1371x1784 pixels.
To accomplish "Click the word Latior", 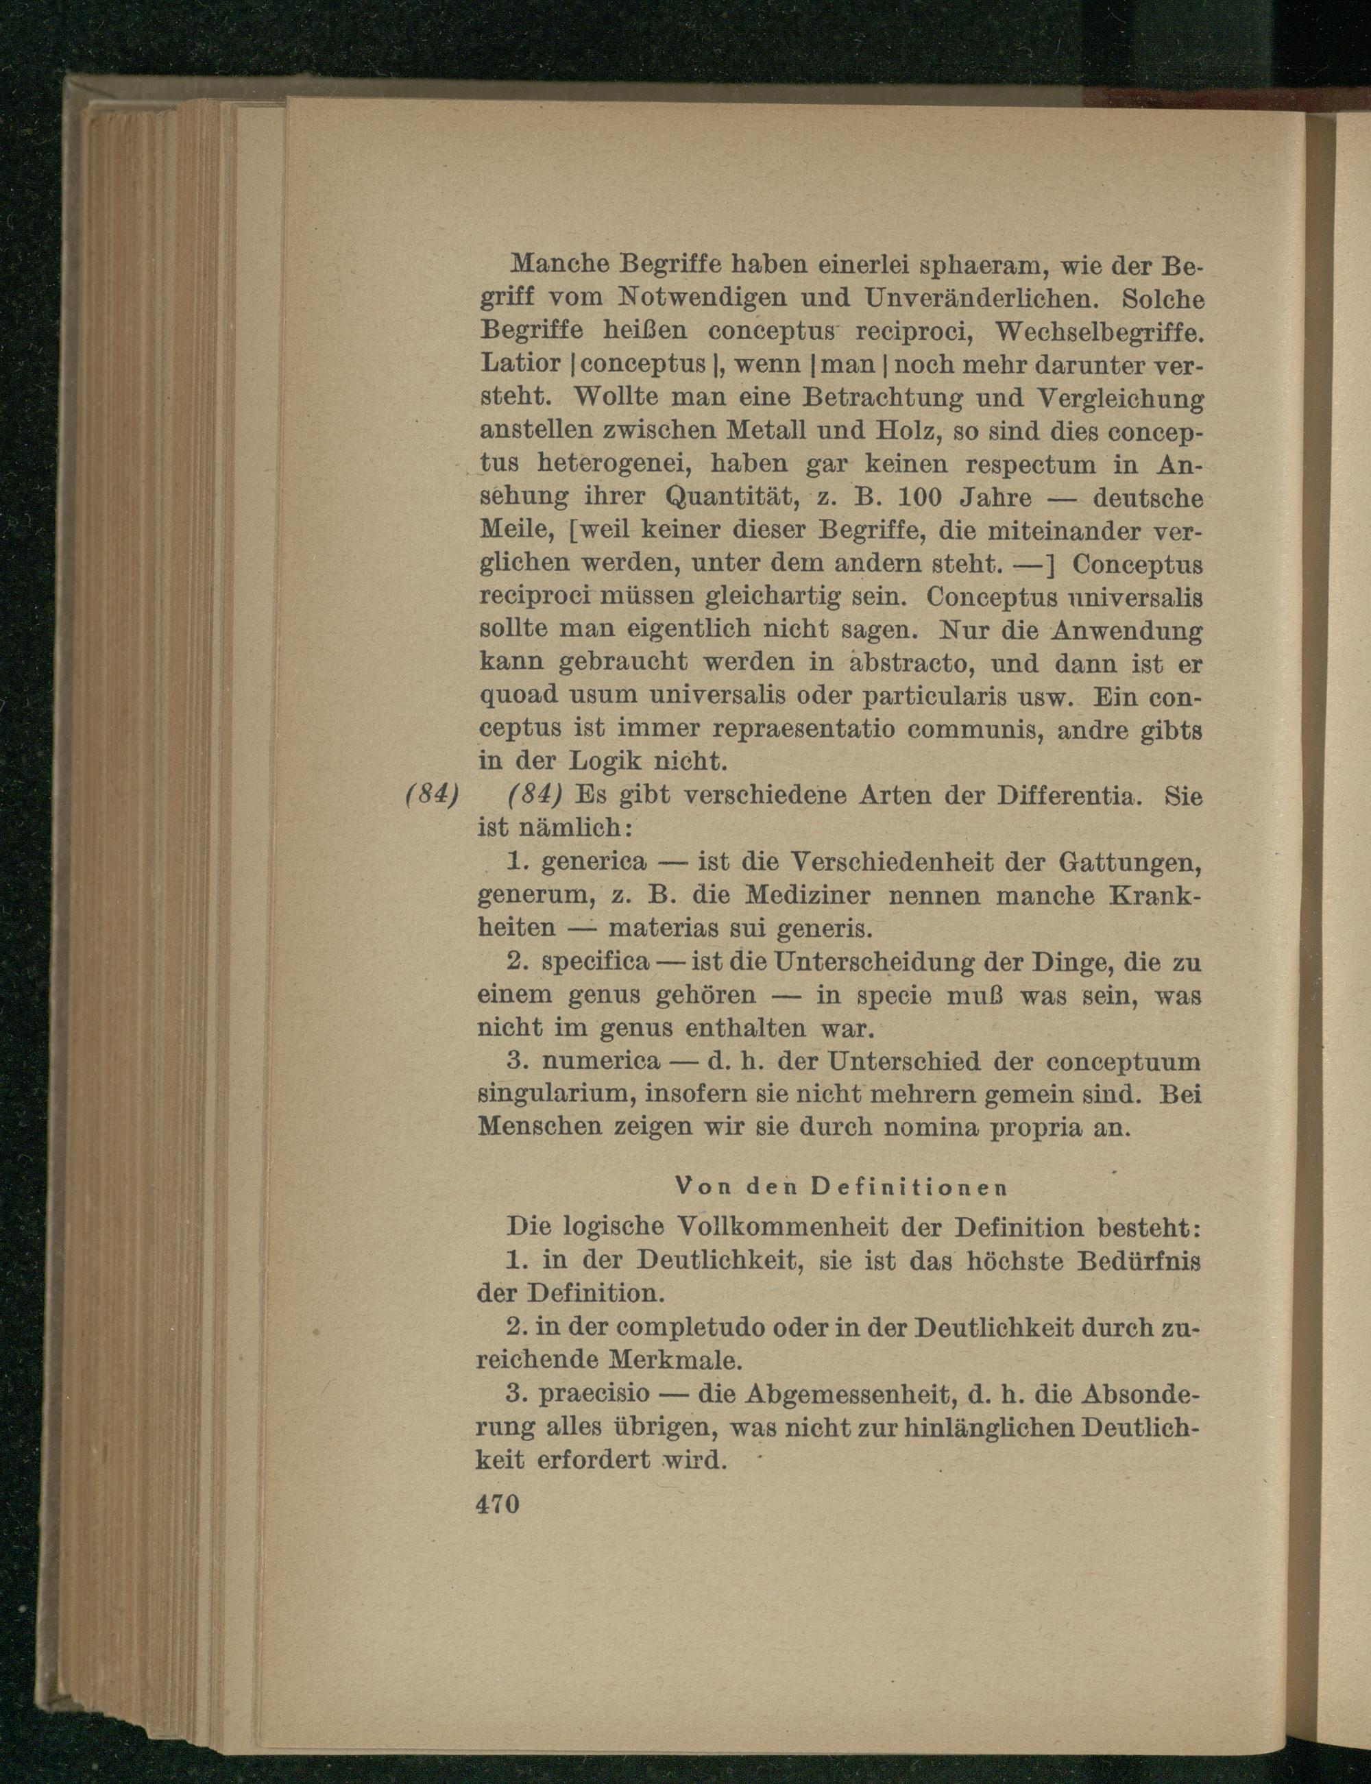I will pyautogui.click(x=520, y=364).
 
